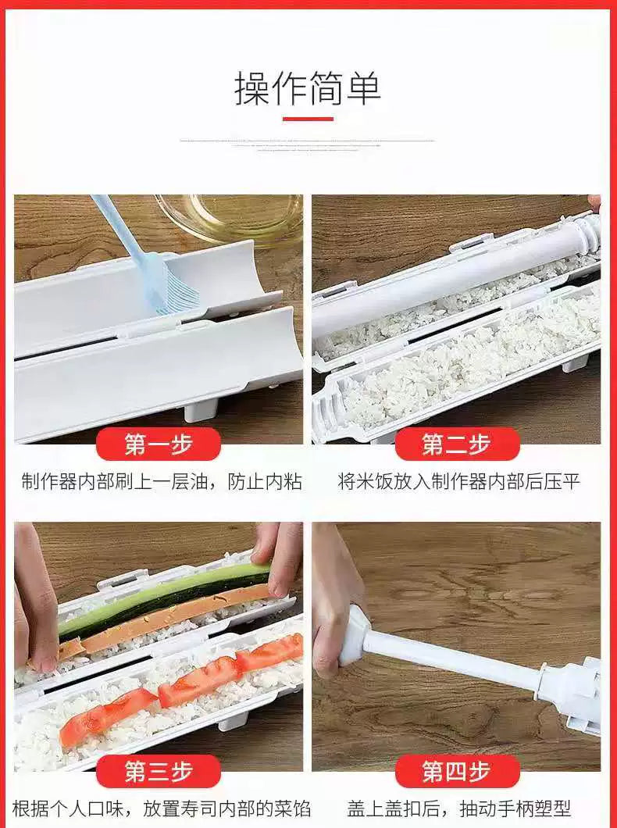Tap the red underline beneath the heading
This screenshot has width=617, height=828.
(308, 120)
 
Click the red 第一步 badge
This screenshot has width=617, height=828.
(159, 444)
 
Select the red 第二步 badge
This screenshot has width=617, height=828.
(457, 444)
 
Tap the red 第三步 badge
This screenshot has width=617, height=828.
(159, 772)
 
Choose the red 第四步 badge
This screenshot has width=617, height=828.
(457, 772)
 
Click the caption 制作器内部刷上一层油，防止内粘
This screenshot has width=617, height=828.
(162, 481)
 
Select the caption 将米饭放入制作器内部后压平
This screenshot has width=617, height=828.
(459, 481)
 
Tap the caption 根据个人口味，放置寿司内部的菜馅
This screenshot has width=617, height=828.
(158, 808)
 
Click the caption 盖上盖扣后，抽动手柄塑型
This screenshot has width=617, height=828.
(459, 808)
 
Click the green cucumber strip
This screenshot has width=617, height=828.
(164, 598)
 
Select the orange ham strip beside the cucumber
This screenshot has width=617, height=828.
(172, 617)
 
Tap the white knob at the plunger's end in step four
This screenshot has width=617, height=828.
(355, 636)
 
